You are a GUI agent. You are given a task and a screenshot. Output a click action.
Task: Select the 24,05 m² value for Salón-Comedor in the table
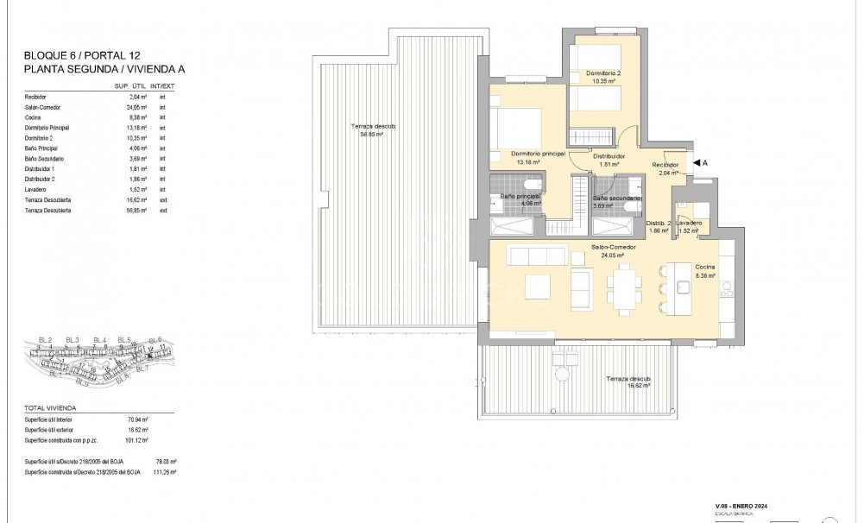click(129, 107)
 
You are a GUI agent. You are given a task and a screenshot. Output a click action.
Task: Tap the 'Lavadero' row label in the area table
click(36, 189)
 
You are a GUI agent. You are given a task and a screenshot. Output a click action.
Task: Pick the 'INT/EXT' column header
click(162, 86)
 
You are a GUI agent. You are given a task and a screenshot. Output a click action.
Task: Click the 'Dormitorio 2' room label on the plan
click(603, 72)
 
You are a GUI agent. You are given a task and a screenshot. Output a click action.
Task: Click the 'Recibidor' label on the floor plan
click(665, 164)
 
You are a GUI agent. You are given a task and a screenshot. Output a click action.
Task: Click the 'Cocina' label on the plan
click(705, 268)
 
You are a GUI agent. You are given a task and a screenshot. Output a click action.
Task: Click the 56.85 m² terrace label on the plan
click(374, 130)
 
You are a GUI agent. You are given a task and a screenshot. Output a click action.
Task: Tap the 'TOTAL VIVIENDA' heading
click(51, 406)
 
